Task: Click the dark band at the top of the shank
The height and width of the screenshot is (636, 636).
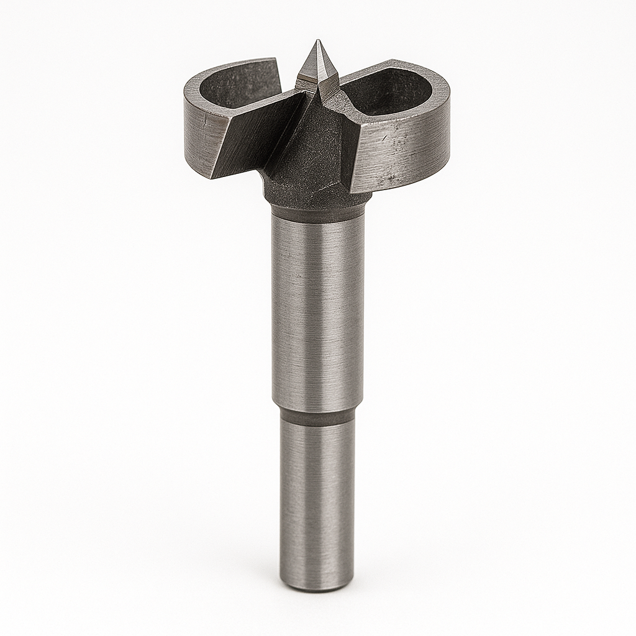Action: [x=317, y=214]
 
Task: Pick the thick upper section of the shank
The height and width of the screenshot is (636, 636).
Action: [x=317, y=311]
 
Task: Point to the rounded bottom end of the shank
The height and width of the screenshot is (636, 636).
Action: [x=317, y=587]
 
